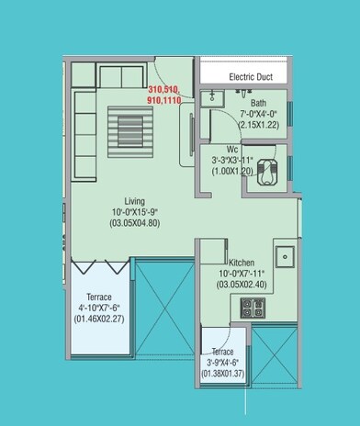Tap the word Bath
coord(259,103)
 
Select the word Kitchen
coord(242,262)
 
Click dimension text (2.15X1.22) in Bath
coord(259,124)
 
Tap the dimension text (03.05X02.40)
coord(242,286)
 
